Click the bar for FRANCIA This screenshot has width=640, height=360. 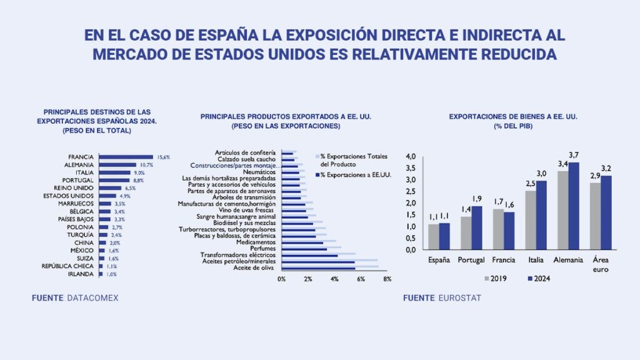click(126, 157)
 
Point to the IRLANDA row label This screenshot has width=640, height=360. click(81, 274)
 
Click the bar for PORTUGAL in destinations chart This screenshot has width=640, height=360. click(115, 181)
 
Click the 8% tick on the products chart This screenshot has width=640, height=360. click(387, 279)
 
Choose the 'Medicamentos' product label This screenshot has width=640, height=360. click(256, 242)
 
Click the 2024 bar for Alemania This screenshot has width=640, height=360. click(572, 206)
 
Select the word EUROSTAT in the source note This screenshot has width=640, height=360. click(459, 298)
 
